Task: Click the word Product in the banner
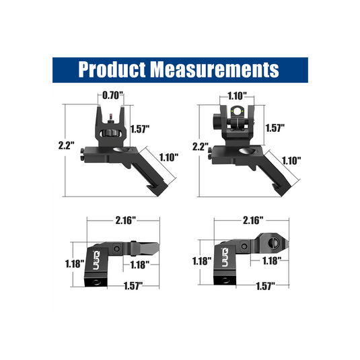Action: click(x=112, y=69)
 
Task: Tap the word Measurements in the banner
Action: click(x=215, y=69)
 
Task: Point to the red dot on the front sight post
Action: click(x=110, y=114)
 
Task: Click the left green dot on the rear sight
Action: click(x=233, y=111)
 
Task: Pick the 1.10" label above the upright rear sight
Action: click(x=237, y=96)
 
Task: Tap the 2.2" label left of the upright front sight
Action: click(x=67, y=145)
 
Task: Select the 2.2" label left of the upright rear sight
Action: click(x=201, y=147)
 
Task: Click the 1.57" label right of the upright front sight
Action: click(x=140, y=129)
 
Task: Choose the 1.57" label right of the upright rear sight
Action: click(x=275, y=128)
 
